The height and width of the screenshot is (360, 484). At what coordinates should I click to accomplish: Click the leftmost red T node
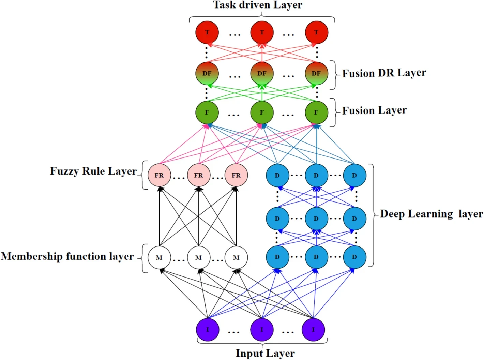207,32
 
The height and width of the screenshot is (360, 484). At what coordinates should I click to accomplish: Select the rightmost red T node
316,32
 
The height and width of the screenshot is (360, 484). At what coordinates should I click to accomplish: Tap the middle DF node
262,73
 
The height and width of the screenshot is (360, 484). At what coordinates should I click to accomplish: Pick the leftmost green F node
207,112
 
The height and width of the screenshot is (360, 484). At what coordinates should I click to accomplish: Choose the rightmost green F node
316,112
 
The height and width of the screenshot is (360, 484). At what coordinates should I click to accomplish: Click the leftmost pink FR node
159,175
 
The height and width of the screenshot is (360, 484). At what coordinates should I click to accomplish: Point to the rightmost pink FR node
236,175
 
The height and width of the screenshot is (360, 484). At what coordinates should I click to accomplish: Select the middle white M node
198,257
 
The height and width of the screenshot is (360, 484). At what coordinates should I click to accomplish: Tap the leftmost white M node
159,257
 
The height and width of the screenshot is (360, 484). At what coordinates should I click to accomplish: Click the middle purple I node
262,330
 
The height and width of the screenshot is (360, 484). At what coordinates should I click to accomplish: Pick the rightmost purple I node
313,330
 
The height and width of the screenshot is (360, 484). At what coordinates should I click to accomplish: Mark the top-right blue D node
354,175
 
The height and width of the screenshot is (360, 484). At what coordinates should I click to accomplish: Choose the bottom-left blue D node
277,257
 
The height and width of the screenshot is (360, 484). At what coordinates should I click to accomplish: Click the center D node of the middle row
316,219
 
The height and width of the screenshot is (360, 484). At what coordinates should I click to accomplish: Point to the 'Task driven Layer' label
258,5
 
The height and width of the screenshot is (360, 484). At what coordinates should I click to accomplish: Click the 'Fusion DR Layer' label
384,73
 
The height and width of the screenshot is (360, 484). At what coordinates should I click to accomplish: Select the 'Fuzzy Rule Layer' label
93,171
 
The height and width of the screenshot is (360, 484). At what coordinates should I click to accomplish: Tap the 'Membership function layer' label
67,256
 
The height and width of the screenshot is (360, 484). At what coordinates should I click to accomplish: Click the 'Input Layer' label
265,354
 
